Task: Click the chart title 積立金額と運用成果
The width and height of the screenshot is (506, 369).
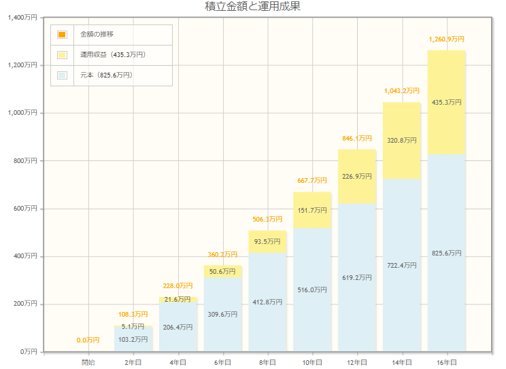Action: point(252,7)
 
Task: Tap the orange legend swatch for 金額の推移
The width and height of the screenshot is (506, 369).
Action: point(62,34)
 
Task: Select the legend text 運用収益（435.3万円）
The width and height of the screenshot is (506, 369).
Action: point(113,54)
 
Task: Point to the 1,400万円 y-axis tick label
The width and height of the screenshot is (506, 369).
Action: point(25,18)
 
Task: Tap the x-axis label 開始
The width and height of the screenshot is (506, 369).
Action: point(88,362)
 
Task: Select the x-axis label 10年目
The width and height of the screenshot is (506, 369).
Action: point(312,362)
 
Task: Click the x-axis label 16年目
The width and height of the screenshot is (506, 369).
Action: point(446,362)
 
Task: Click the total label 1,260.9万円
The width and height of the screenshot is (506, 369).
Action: point(446,39)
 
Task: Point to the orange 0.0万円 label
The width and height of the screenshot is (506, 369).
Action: point(88,340)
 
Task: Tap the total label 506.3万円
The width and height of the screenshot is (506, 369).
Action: point(267,219)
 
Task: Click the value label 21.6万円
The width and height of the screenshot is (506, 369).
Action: point(178,299)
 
